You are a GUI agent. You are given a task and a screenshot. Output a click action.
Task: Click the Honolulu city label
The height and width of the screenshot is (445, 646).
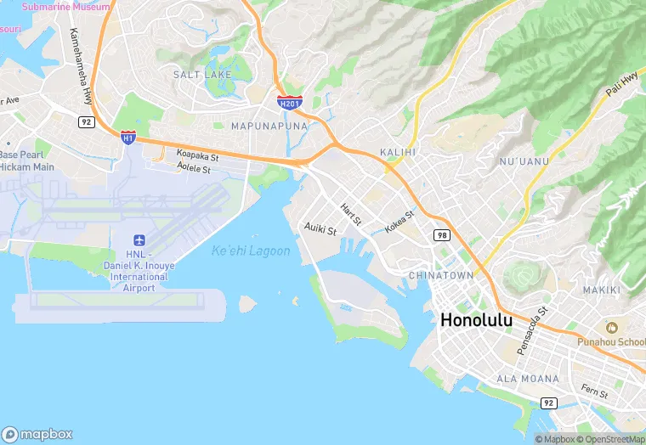[x=488, y=321]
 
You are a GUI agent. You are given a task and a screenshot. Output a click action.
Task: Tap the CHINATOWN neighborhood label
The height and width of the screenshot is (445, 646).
[x=441, y=276]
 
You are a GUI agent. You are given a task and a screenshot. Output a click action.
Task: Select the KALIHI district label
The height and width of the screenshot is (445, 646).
[x=398, y=152]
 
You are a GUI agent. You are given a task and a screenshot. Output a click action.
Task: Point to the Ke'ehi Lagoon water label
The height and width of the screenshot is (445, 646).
[x=251, y=251]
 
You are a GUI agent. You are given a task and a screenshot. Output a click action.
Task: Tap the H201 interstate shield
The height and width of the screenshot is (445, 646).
[x=289, y=103]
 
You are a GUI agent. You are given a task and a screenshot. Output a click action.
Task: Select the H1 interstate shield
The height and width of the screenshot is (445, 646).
[x=127, y=137]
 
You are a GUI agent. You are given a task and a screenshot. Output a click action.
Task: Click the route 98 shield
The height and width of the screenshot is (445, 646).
[x=440, y=234]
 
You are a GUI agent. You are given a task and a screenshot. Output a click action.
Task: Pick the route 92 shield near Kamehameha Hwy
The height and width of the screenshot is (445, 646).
[x=85, y=122]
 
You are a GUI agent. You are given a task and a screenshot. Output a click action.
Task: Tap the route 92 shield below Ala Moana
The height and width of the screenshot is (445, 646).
[x=549, y=403]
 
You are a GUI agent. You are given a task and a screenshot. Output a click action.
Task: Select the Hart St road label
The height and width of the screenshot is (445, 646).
[x=351, y=214]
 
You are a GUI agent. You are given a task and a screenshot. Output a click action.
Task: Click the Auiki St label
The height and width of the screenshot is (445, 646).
[x=320, y=229]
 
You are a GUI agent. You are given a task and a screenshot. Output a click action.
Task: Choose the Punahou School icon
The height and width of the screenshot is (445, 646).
[x=610, y=327]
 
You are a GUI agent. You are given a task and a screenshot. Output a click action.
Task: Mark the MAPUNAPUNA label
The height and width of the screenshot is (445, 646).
[x=269, y=126]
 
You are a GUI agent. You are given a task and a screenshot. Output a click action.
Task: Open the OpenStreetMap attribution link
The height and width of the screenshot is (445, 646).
[x=611, y=439]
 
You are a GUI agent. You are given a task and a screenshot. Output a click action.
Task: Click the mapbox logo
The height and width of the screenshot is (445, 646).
[x=37, y=434]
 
